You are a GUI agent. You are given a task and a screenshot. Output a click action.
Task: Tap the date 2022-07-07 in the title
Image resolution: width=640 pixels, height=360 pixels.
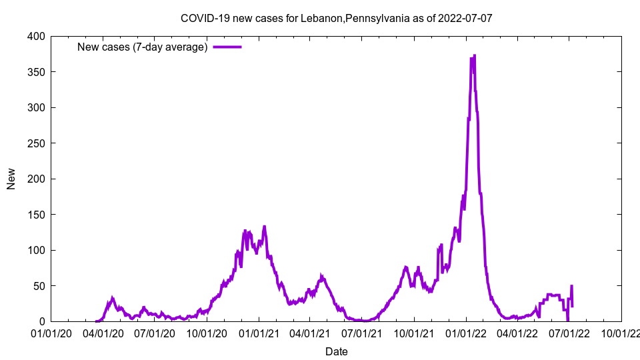465,18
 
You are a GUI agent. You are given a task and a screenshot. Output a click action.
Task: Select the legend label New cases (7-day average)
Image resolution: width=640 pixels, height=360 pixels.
142,47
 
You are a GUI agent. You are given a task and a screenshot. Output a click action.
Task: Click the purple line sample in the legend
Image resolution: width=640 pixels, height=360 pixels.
227,47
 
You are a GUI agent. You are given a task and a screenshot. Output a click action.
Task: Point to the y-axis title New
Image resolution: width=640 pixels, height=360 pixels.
11,179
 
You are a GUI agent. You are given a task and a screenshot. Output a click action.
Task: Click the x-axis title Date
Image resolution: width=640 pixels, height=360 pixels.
336,351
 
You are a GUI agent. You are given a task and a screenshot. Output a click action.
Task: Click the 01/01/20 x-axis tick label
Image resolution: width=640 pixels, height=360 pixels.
51,333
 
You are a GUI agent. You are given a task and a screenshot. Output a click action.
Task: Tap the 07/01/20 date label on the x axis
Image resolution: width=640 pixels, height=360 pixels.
155,333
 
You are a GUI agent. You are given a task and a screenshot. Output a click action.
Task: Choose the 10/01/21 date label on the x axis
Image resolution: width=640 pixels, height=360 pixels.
413,333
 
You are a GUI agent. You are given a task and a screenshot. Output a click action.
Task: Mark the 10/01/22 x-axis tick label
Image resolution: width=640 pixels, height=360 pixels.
621,333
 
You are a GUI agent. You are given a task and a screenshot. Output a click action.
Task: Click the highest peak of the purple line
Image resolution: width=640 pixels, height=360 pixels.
474,55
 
